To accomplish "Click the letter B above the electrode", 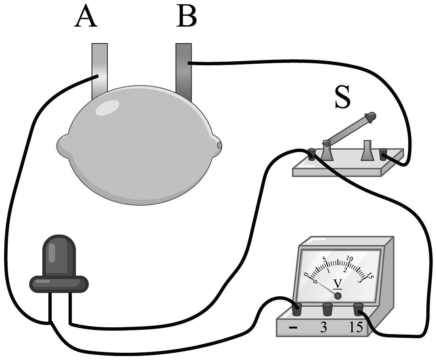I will click(x=186, y=17).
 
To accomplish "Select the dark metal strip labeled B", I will click(x=184, y=71).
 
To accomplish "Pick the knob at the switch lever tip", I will click(x=371, y=117).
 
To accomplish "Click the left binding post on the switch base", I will click(x=311, y=154).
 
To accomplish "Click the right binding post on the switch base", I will click(x=383, y=154).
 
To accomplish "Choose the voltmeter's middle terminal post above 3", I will click(x=327, y=309).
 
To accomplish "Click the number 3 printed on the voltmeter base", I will click(x=323, y=327).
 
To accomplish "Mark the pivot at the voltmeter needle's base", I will click(x=338, y=296).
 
